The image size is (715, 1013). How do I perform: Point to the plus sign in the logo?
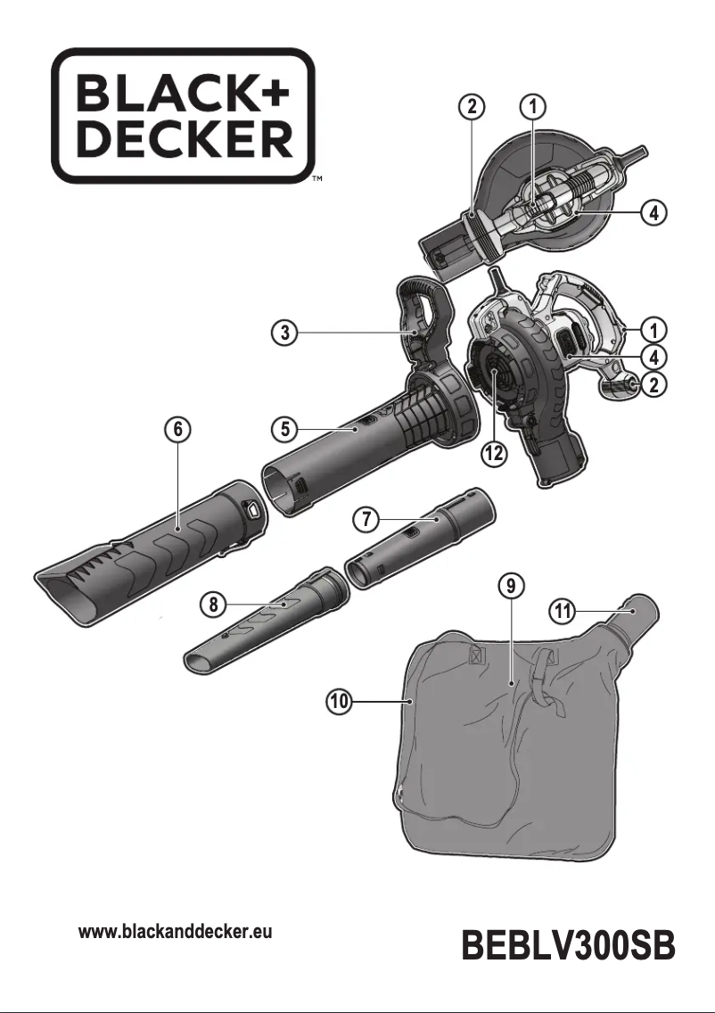click(x=275, y=92)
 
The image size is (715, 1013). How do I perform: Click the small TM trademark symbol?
click(x=316, y=180)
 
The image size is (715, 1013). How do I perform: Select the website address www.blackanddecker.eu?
click(x=176, y=933)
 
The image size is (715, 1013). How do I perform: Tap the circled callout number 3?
click(x=284, y=334)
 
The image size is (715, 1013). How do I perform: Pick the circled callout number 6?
click(x=178, y=429)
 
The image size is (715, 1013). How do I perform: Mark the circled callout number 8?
click(x=212, y=605)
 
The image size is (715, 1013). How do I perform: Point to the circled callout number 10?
click(x=338, y=702)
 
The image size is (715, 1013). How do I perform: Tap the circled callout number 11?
click(x=560, y=611)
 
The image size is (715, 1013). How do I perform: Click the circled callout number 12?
click(x=493, y=453)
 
